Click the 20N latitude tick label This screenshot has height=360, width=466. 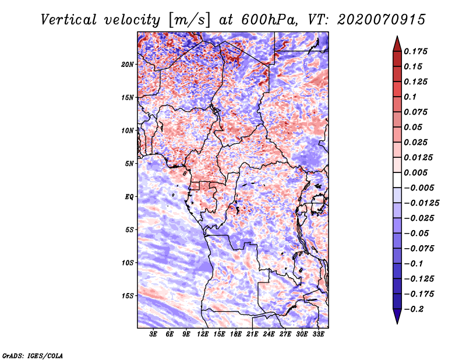click(x=128, y=64)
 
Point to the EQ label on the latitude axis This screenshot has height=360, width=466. click(x=129, y=196)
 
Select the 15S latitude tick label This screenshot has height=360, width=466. click(x=128, y=295)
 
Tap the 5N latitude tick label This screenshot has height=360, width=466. click(x=129, y=164)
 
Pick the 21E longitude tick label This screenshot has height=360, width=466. click(x=252, y=335)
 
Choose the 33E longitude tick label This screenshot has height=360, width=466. click(x=318, y=335)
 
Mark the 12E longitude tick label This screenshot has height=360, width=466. click(x=203, y=335)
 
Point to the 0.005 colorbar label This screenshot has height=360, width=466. click(x=417, y=173)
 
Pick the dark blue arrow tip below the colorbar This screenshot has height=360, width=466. click(x=397, y=319)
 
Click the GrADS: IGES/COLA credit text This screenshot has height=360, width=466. click(x=33, y=355)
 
